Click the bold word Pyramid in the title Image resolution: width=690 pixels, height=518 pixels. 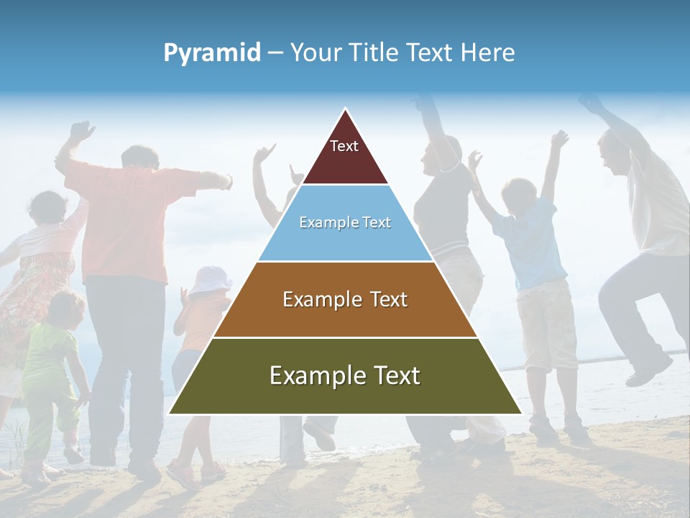tap(212, 53)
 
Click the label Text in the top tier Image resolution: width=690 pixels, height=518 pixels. tap(344, 146)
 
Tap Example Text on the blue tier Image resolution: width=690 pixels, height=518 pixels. tap(345, 222)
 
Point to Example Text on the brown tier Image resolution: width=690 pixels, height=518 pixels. tap(345, 299)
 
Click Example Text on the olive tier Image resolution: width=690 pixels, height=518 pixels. tap(345, 376)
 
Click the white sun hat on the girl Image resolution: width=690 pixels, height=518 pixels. tap(210, 279)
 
